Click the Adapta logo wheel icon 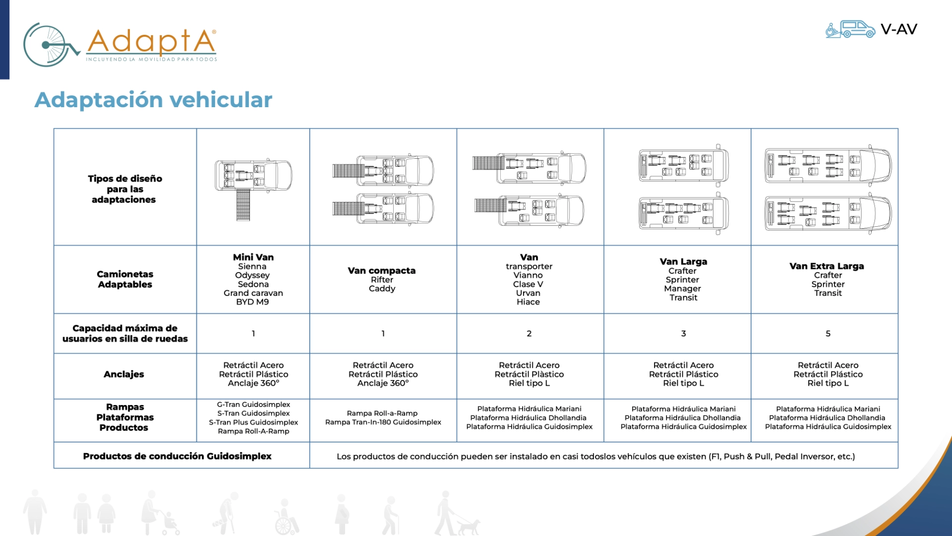[50, 45]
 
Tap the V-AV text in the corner [898, 29]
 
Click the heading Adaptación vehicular [153, 100]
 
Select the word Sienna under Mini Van [252, 267]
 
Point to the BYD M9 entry [252, 302]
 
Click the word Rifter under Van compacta [382, 279]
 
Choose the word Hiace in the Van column [528, 302]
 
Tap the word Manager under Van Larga [683, 288]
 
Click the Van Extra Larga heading [827, 266]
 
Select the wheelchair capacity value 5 [828, 334]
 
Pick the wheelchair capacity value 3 [683, 334]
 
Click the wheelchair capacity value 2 [529, 334]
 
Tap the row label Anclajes [124, 374]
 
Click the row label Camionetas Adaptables [125, 279]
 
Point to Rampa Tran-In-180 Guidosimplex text [383, 422]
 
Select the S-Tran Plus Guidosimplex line [253, 422]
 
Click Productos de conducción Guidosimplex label [177, 456]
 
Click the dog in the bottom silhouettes [469, 526]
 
